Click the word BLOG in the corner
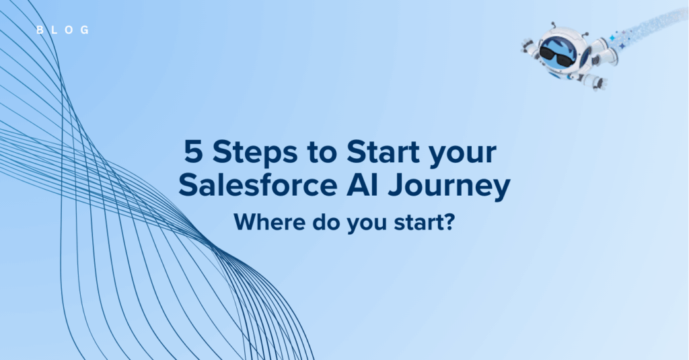[x=63, y=30]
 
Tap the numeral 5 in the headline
[x=193, y=152]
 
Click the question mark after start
[x=449, y=222]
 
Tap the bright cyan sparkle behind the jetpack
[x=612, y=38]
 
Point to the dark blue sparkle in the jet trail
[x=622, y=46]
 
